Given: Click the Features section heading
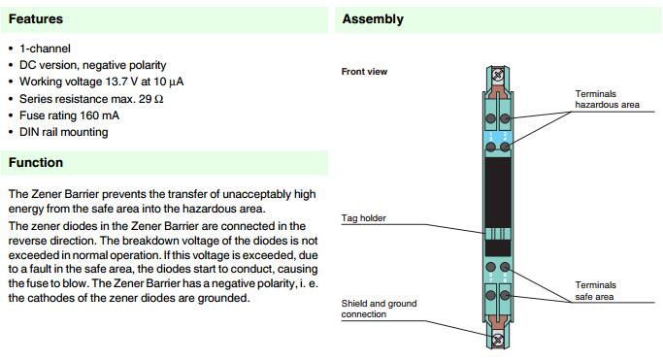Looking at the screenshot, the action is point(36,19).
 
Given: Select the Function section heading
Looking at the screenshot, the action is point(36,163).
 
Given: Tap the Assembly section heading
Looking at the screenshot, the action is point(373,19).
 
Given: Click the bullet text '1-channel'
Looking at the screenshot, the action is point(45,49).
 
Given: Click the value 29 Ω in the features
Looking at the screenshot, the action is point(151,99).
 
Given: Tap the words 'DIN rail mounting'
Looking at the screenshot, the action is point(64,132).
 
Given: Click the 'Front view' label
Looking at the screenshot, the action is point(364,72).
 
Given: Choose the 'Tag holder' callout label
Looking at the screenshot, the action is point(364,218).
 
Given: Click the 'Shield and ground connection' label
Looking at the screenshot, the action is point(379,309).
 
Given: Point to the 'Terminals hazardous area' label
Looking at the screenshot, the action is point(608,99).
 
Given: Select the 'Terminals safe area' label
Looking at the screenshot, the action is point(595,291).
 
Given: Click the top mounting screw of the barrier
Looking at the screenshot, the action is point(498,76).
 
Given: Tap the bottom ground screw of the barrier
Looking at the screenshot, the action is point(498,339).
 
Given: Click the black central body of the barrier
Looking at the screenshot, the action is point(498,192).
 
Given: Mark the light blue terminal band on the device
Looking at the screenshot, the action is point(498,137).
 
